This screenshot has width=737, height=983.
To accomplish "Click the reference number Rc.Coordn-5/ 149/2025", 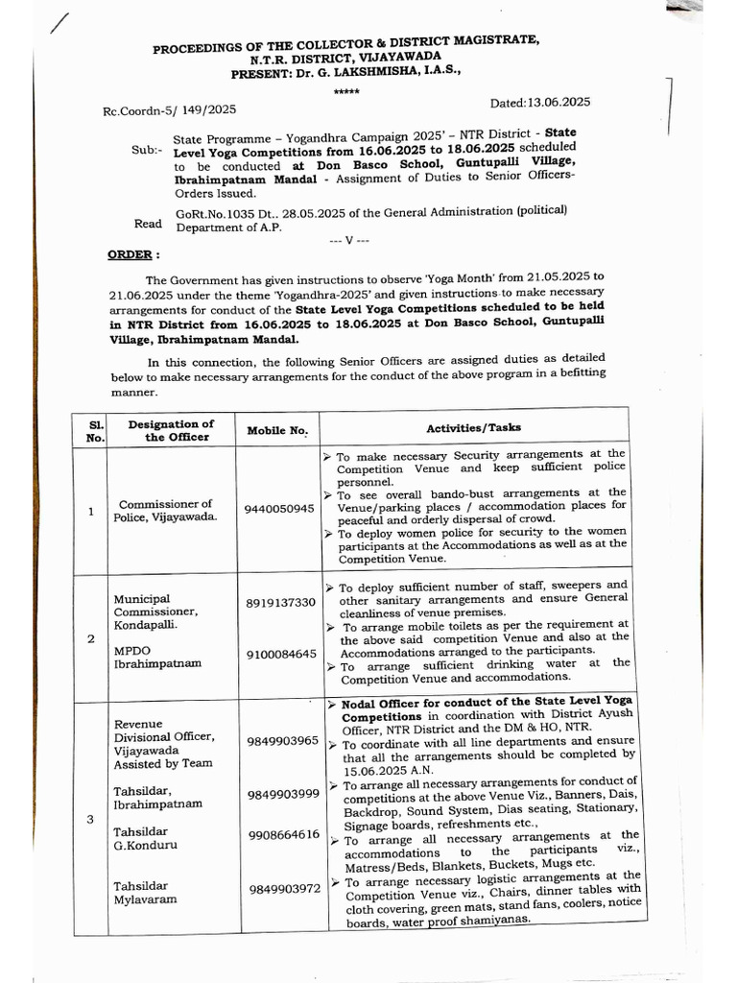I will coord(169,112).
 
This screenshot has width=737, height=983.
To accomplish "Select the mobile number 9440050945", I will coord(278,508).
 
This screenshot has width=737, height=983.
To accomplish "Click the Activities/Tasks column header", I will coord(473,427).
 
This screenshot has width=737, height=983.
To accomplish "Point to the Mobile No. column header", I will coord(277,431).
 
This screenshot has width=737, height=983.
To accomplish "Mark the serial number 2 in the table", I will coord(89,636).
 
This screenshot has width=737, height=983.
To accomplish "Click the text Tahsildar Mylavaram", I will coord(141,895).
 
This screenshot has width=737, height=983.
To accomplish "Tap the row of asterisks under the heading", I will coord(346,91).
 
